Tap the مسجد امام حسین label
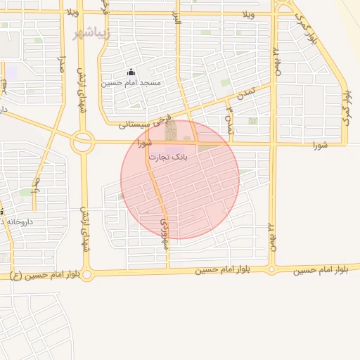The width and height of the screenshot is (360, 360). [131, 83]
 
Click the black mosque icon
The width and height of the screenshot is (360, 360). [131, 72]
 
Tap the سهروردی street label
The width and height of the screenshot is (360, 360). [165, 230]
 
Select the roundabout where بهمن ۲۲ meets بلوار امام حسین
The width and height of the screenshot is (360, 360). [272, 269]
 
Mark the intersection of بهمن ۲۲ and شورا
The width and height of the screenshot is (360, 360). [273, 143]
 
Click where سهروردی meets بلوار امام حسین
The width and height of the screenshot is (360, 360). [169, 270]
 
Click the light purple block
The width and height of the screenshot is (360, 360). [12, 71]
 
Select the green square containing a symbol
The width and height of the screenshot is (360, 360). [252, 121]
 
